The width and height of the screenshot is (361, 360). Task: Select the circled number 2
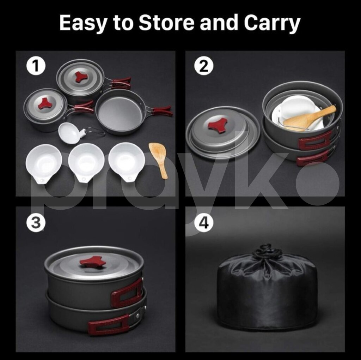[x=204, y=66]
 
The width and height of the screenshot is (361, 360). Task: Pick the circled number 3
[x=36, y=223]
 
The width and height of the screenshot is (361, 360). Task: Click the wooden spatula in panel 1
[x=159, y=160]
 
